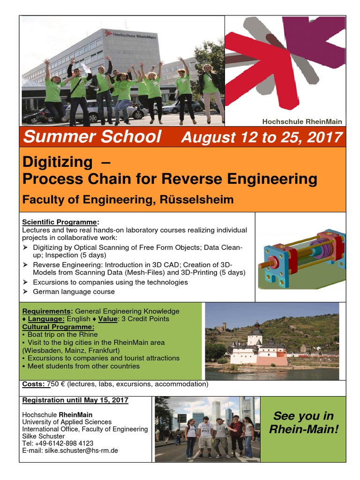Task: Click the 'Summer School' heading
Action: tap(92, 137)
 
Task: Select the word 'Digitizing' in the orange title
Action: tap(58, 162)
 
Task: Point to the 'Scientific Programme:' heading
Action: tap(61, 222)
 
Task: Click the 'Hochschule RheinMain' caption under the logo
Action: tap(302, 121)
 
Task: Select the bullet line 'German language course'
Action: tap(74, 292)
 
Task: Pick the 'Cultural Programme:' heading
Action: tap(58, 327)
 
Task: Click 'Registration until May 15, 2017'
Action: tap(75, 400)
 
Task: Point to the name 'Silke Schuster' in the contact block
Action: tap(42, 436)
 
